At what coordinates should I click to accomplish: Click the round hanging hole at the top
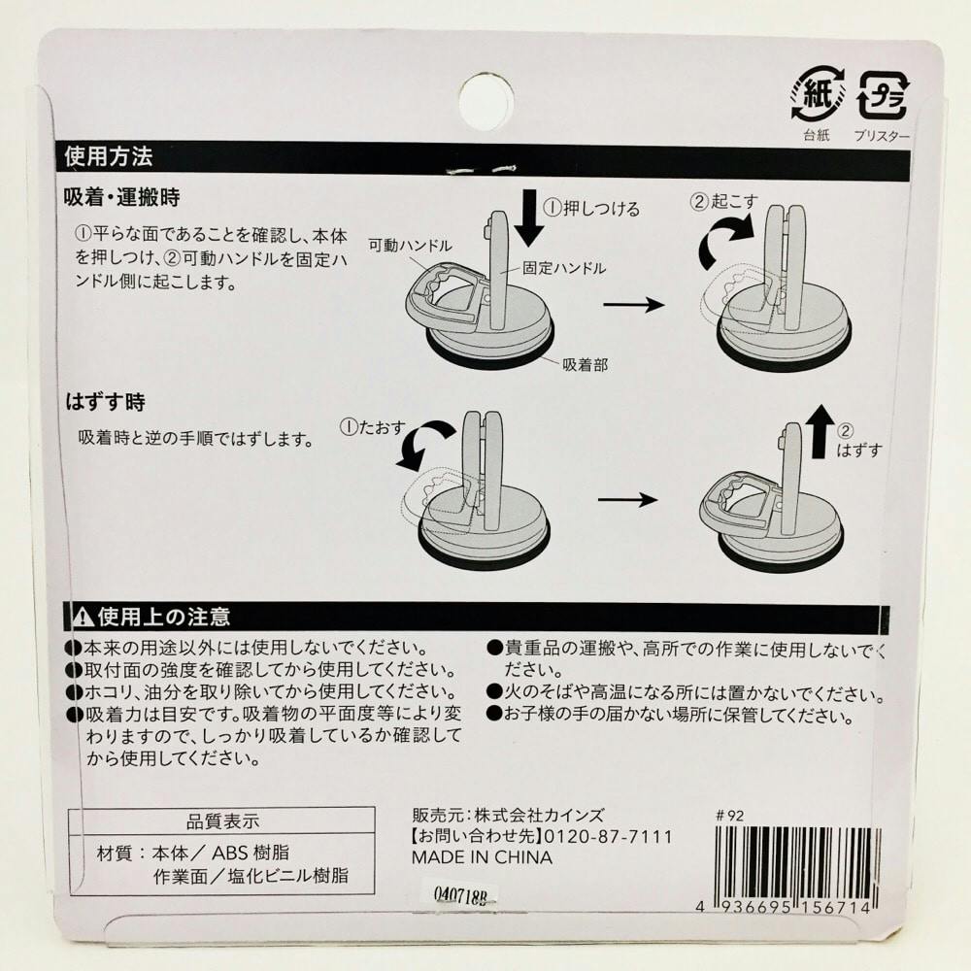pos(486,102)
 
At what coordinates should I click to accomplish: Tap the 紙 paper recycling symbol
pos(818,95)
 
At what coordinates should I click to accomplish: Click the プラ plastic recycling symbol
pos(884,95)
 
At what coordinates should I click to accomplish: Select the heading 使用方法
pos(109,156)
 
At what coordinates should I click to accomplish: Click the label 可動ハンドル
pos(410,246)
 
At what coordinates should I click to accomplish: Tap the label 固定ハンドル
pos(563,268)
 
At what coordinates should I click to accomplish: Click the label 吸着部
pos(586,364)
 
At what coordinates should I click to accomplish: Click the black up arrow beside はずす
pos(821,432)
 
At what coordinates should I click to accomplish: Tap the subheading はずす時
pos(105,403)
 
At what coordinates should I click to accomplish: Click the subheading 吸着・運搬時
pos(122,197)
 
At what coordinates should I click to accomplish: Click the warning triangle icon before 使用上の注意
pos(83,617)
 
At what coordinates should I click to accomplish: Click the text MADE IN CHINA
pos(482,857)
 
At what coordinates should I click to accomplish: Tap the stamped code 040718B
pos(460,895)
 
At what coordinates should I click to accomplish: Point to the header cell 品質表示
pos(222,821)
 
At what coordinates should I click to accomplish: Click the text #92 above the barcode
pos(729,816)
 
